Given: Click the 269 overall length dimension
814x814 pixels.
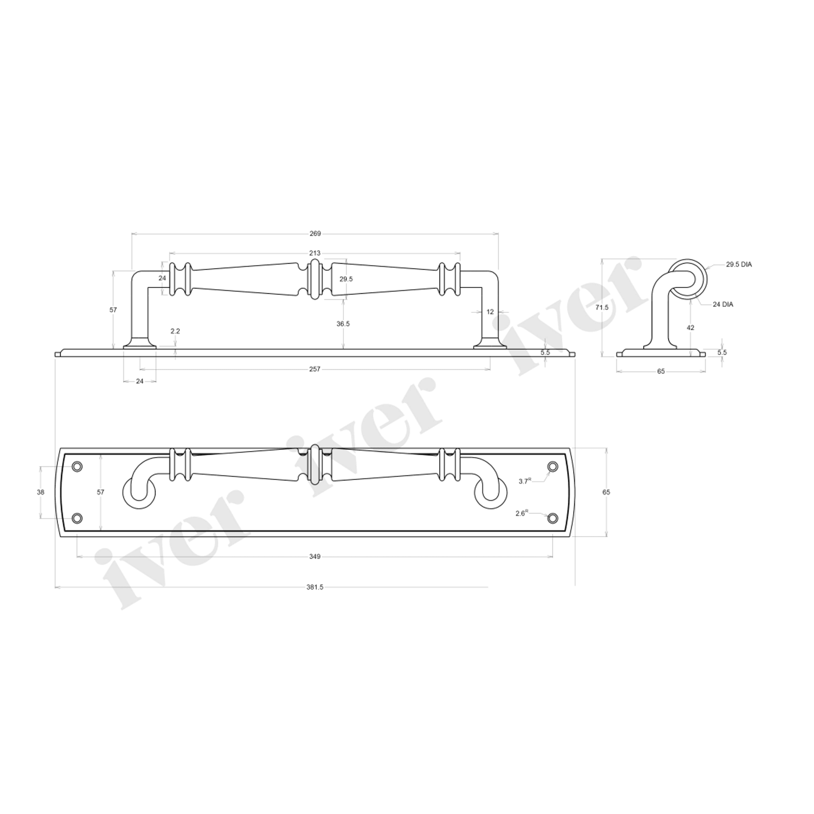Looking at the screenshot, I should (x=315, y=234).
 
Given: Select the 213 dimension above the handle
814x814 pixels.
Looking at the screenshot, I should (x=315, y=253).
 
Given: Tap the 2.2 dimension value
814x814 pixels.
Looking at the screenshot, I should (x=175, y=331).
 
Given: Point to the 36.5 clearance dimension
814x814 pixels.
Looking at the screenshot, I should (x=343, y=323).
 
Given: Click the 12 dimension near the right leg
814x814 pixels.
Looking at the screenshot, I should (x=490, y=312).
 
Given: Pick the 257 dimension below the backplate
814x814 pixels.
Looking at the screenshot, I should (x=315, y=369).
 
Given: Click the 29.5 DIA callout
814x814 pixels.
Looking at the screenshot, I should (x=739, y=265).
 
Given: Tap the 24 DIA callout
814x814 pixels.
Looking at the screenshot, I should (x=723, y=305).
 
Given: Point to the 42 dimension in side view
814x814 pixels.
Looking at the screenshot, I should (x=691, y=328).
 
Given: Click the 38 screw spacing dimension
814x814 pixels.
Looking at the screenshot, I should (x=41, y=492).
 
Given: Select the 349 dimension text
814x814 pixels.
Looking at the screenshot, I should (x=315, y=557).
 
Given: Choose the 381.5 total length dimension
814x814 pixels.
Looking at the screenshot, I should (x=315, y=587).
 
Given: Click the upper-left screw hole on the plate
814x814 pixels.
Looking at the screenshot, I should (x=77, y=467).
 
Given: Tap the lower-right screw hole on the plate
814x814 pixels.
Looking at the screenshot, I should (x=552, y=518).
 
